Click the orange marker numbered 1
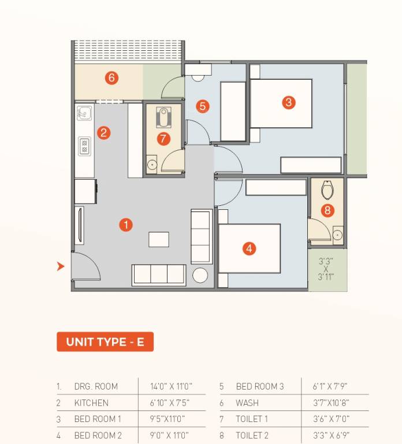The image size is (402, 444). [x=125, y=225]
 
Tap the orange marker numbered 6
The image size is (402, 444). [x=111, y=77]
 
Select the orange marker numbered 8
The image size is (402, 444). [x=327, y=210]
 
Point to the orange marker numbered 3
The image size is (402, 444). [x=289, y=103]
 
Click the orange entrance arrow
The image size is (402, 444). [x=61, y=267]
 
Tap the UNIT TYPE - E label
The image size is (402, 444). [x=105, y=342]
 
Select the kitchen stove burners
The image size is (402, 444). [x=84, y=145]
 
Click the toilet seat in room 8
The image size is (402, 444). [x=327, y=189]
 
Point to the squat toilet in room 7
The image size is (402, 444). [x=164, y=118]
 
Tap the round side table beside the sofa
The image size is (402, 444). [x=200, y=275]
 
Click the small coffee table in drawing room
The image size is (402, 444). [x=159, y=239]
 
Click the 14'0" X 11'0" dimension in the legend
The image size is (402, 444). [x=171, y=387]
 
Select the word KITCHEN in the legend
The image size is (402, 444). [x=91, y=403]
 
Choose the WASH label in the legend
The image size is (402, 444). [x=247, y=403]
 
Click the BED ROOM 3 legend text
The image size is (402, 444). [x=260, y=387]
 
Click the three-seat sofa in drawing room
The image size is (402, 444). [x=159, y=275]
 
